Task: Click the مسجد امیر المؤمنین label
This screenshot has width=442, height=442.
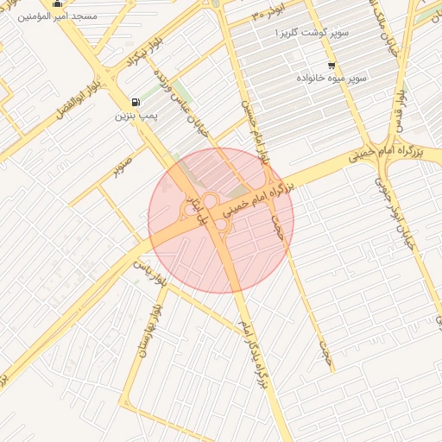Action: tap(58, 16)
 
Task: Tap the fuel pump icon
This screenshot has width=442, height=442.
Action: tap(134, 101)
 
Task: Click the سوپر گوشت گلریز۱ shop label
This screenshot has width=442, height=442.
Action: tap(312, 32)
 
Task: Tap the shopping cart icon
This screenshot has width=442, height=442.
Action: tap(331, 66)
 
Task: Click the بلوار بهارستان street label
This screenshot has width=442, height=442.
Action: tap(146, 331)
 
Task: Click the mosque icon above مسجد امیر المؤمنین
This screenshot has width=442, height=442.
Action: tap(58, 3)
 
